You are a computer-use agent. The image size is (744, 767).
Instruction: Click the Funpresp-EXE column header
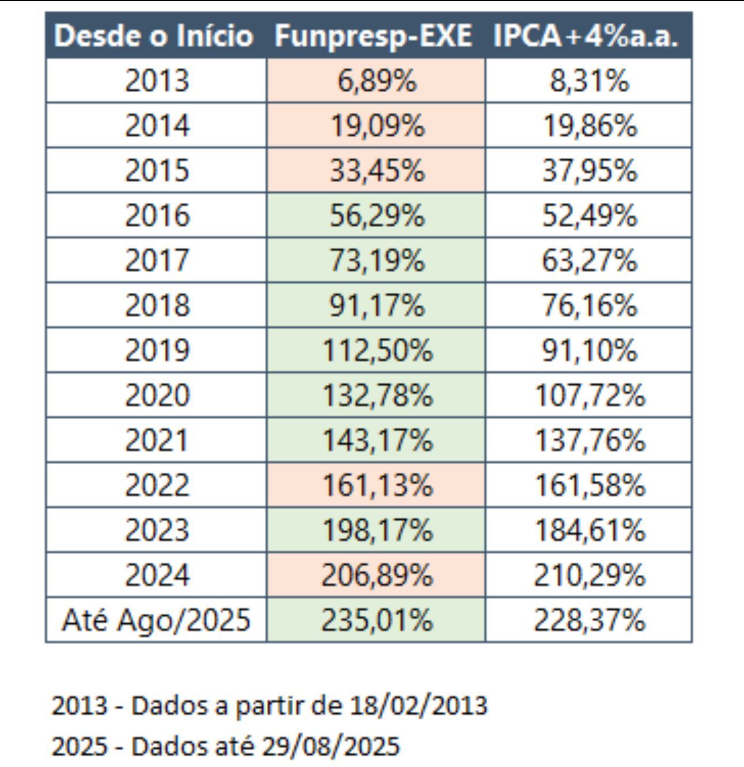pos(373,36)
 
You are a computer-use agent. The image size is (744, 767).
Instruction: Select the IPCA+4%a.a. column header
pos(586,36)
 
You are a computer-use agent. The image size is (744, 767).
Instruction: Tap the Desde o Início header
pos(153,36)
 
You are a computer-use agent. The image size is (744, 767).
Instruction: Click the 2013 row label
pos(157,80)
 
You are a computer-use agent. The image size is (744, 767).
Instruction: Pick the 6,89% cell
pos(377,80)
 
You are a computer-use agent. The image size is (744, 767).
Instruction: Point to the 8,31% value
pos(589,80)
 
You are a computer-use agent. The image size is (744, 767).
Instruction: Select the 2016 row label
pos(157,215)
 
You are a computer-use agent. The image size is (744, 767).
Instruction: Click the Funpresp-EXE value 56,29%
pos(377,215)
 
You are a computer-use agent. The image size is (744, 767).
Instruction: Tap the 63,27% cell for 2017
pos(589,260)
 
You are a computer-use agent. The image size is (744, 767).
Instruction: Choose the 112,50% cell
pos(377,350)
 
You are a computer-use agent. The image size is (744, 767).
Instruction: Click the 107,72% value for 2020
pos(589,395)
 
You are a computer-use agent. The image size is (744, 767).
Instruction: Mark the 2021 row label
pos(157,440)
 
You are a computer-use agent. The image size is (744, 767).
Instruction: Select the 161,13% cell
pos(377,485)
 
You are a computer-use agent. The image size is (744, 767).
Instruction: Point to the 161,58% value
pos(589,485)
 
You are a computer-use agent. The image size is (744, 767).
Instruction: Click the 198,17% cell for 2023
pos(377,530)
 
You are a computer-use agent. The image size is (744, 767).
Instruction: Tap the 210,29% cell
pos(589,575)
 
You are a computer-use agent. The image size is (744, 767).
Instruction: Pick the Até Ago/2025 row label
pos(156,620)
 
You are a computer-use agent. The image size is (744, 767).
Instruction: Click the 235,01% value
pos(377,620)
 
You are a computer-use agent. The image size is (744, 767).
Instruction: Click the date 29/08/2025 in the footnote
pos(330,746)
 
